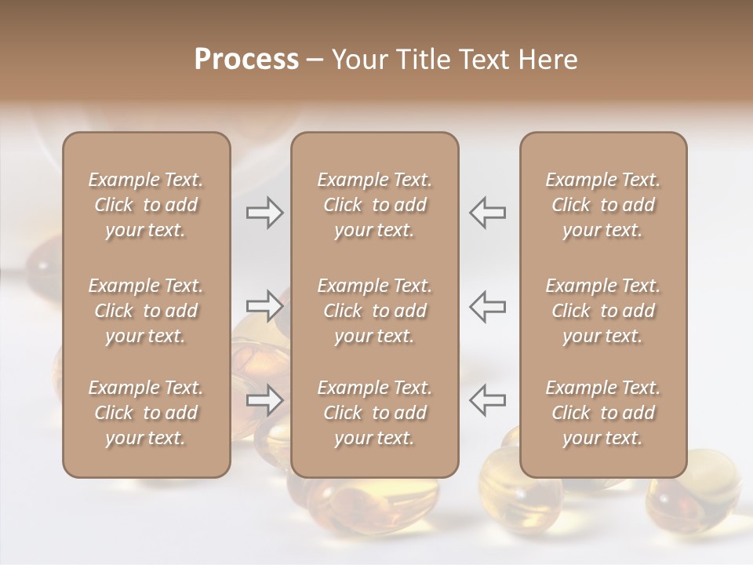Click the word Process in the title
tap(246, 60)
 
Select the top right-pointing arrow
tap(265, 212)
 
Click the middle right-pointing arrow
tap(265, 305)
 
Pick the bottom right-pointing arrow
tap(265, 399)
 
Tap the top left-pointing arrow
tap(487, 212)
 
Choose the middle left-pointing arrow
tap(487, 305)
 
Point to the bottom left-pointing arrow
tap(487, 399)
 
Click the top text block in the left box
tap(146, 205)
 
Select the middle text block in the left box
tap(146, 311)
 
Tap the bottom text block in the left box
tap(146, 413)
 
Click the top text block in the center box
tap(374, 205)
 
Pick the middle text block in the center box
tap(374, 311)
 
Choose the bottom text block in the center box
tap(374, 413)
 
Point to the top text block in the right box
tap(602, 205)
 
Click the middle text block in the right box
tap(602, 311)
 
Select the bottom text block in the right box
tap(602, 413)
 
